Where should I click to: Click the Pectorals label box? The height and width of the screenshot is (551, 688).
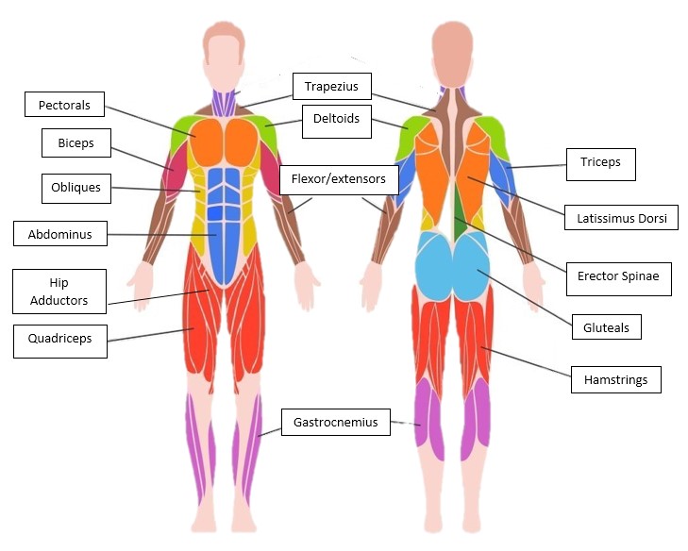click(x=64, y=106)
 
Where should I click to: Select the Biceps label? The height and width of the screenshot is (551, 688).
click(x=76, y=143)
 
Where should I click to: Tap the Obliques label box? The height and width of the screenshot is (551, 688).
click(x=76, y=188)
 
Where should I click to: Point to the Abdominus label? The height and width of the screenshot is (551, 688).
click(x=59, y=234)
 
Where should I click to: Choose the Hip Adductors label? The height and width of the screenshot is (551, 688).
click(x=59, y=292)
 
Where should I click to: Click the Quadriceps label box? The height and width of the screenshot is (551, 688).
click(x=59, y=339)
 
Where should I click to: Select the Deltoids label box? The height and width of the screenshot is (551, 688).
click(x=337, y=120)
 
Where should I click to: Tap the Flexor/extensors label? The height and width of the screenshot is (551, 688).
click(x=339, y=179)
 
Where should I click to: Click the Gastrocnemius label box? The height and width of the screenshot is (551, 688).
click(x=335, y=422)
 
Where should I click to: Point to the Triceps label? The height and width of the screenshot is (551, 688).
click(x=600, y=162)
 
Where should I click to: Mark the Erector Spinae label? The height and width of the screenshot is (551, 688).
click(x=624, y=277)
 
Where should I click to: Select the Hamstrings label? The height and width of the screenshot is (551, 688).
click(x=615, y=380)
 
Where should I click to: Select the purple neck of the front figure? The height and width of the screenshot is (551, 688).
click(x=224, y=101)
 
